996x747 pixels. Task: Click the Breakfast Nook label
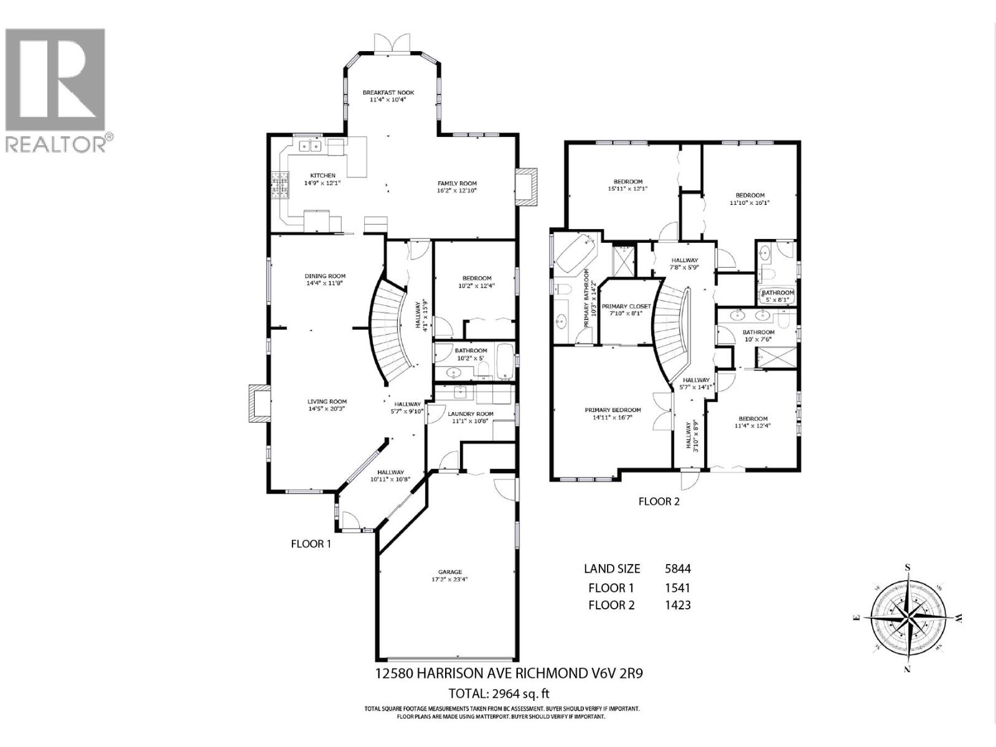click(x=388, y=92)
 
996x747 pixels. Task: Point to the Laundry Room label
click(x=470, y=414)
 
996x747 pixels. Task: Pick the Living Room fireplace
click(x=259, y=405)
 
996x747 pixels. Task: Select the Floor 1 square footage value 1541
click(x=677, y=588)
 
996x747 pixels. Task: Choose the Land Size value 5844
click(x=677, y=568)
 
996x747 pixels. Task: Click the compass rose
click(x=908, y=618)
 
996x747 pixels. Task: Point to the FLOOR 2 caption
click(x=659, y=501)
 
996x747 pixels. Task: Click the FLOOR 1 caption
click(x=311, y=543)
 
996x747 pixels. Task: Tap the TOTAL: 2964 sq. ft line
click(x=499, y=693)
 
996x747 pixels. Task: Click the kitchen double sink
click(x=309, y=147)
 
